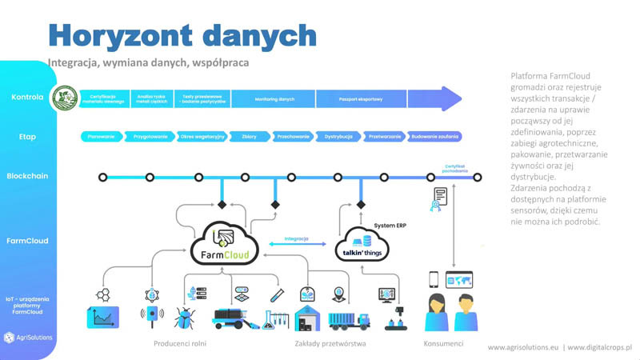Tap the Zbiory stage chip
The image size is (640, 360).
click(249, 137)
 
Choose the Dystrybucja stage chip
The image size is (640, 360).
click(338, 137)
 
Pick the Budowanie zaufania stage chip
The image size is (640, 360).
click(434, 137)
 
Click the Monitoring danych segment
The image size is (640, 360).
click(274, 98)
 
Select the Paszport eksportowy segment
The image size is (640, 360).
click(362, 98)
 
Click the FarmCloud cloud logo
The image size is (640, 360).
click(225, 240)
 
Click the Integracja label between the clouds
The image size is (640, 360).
click(297, 238)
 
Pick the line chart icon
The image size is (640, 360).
click(102, 317)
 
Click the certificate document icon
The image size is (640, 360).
click(440, 198)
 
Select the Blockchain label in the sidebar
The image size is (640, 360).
click(26, 176)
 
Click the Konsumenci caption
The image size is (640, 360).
click(442, 344)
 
